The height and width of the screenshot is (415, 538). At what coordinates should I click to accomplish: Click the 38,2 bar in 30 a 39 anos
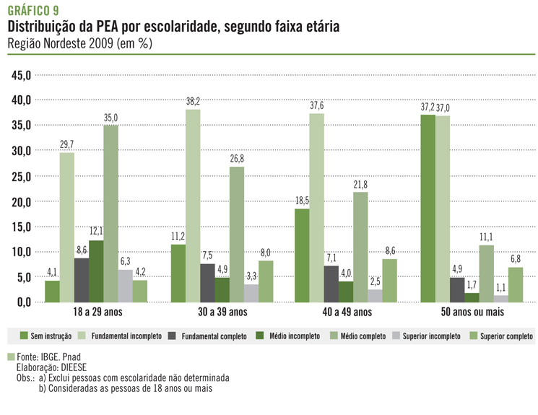click(193, 206)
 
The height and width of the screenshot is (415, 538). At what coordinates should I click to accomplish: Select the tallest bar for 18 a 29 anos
click(110, 214)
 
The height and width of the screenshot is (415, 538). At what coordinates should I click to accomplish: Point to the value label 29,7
click(66, 144)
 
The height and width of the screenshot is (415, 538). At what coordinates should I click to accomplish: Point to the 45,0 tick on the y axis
click(21, 75)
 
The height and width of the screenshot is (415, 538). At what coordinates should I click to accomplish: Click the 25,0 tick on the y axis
click(21, 176)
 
